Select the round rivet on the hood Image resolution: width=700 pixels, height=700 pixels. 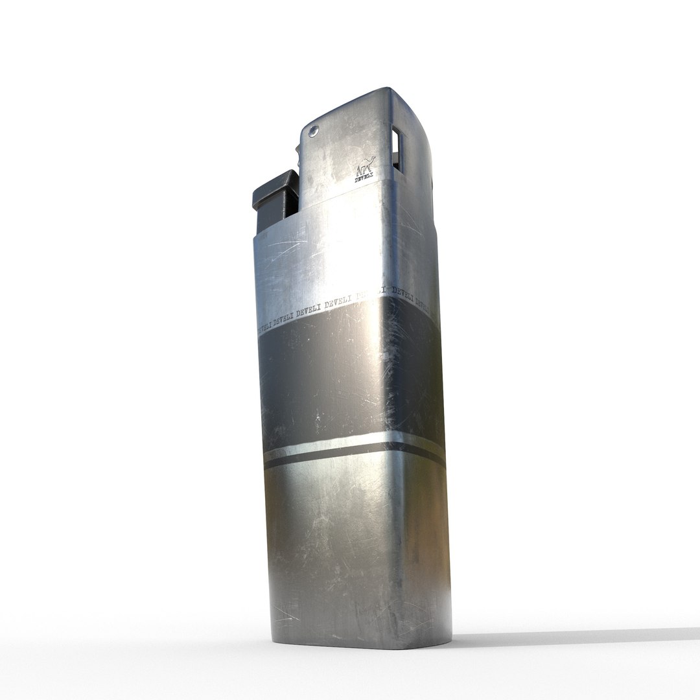(x=314, y=131)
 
